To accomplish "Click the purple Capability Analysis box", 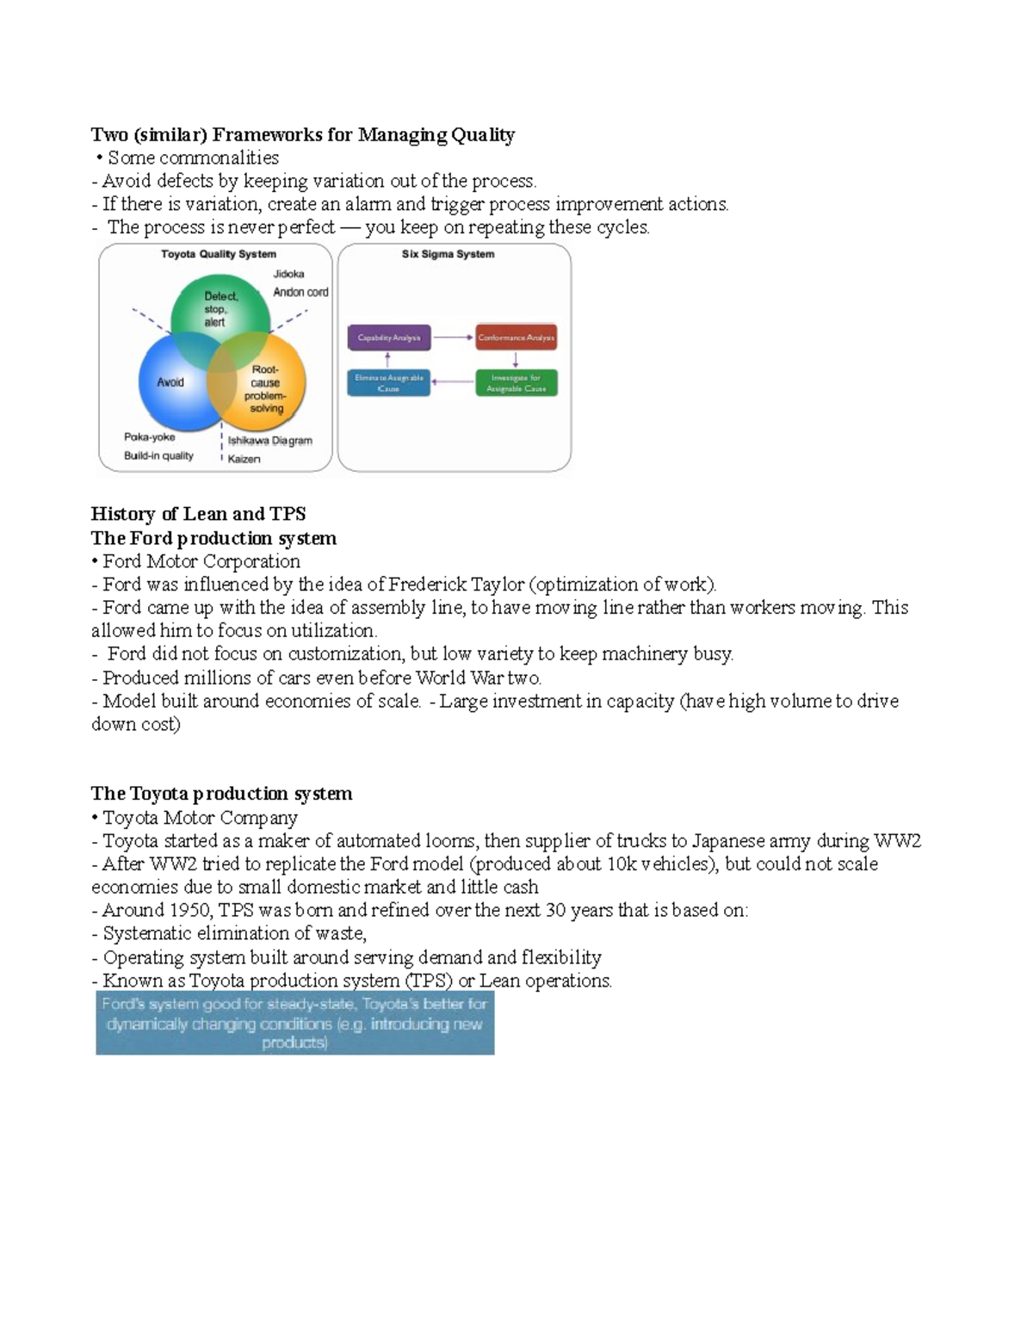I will tap(388, 337).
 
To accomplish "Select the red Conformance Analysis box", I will tap(516, 337).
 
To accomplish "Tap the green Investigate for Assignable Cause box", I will tap(516, 383).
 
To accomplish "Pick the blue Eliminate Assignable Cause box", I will tap(388, 383).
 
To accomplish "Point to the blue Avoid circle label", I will tap(170, 382).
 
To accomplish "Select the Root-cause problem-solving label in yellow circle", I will tap(266, 389).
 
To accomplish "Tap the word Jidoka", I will tap(288, 274).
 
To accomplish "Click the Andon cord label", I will tap(300, 292).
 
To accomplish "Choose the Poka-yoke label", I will tap(149, 436).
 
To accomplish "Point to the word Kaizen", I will tap(244, 459).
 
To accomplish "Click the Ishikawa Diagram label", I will tap(269, 440).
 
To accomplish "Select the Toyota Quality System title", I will tap(219, 254).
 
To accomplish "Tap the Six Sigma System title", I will tap(448, 254).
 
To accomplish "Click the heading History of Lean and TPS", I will tap(198, 514).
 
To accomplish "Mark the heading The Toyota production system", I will tap(221, 793).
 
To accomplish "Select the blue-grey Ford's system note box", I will tap(294, 1023).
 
